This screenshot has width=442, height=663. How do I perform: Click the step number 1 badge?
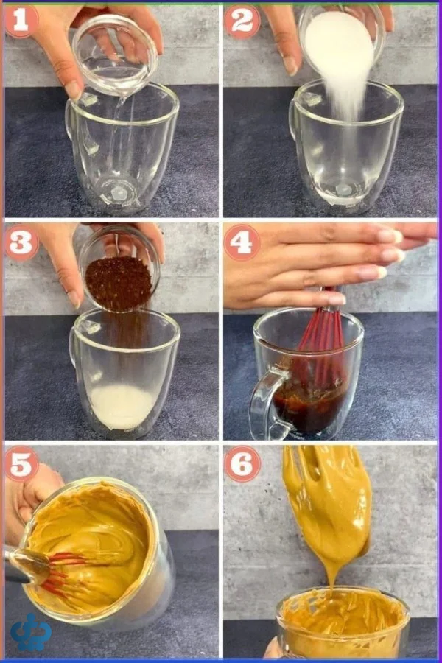[x=21, y=21]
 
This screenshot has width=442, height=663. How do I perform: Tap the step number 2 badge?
[x=242, y=21]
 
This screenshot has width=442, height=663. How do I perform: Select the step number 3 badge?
[x=21, y=242]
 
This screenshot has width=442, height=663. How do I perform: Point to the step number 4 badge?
[x=242, y=242]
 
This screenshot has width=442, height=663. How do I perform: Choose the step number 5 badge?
[x=21, y=464]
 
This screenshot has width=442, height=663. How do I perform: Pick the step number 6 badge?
[x=242, y=464]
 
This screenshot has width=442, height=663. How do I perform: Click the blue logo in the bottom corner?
[x=31, y=632]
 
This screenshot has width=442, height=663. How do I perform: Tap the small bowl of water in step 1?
[x=115, y=55]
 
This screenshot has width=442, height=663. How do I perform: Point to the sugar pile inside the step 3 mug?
[x=122, y=407]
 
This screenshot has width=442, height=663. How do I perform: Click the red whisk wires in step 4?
[x=320, y=338]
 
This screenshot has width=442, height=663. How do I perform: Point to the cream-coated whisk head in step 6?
[x=329, y=503]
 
